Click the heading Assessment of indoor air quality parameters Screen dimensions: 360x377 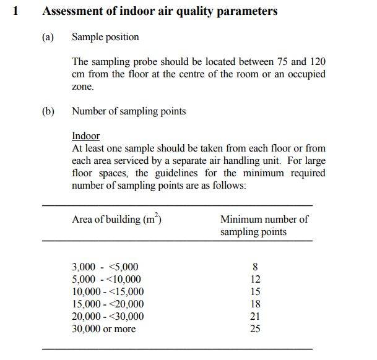159,11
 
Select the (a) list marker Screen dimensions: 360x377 48,37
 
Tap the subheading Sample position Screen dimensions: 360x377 105,37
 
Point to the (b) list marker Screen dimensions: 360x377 48,111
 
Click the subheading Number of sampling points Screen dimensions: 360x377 129,111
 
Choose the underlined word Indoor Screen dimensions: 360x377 85,136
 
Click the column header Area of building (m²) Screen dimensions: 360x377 117,219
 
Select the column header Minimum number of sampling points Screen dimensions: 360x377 264,225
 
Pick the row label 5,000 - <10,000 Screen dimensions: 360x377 106,280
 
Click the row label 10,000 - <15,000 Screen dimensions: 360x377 108,292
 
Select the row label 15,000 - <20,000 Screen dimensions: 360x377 108,304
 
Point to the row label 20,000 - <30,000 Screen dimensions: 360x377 108,317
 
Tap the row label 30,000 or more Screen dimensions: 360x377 103,329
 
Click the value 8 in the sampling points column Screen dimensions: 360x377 255,267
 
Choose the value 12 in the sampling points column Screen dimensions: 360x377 255,280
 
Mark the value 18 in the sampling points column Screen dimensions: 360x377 255,304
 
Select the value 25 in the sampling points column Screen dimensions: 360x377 255,329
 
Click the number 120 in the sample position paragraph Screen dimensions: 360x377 316,62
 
